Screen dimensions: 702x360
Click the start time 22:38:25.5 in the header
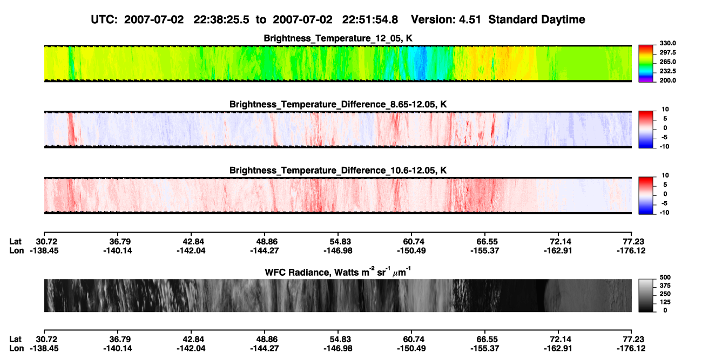221,19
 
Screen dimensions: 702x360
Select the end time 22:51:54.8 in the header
370,19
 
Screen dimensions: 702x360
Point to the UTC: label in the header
104,19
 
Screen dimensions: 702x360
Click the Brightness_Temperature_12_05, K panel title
338,38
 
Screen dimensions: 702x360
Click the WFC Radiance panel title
338,272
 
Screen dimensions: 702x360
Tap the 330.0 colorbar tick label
667,43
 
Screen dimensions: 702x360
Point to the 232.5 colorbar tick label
667,71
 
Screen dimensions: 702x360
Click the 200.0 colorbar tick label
667,80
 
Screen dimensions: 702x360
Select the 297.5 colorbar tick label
667,53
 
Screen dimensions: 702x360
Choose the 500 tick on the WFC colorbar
665,277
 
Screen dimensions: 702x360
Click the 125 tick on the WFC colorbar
665,302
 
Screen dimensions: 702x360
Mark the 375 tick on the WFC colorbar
665,286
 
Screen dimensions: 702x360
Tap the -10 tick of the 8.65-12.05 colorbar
664,147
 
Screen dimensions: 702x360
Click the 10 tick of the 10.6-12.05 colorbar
665,175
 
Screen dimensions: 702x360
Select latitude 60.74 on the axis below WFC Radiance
413,339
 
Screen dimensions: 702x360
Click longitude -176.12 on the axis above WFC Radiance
631,250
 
